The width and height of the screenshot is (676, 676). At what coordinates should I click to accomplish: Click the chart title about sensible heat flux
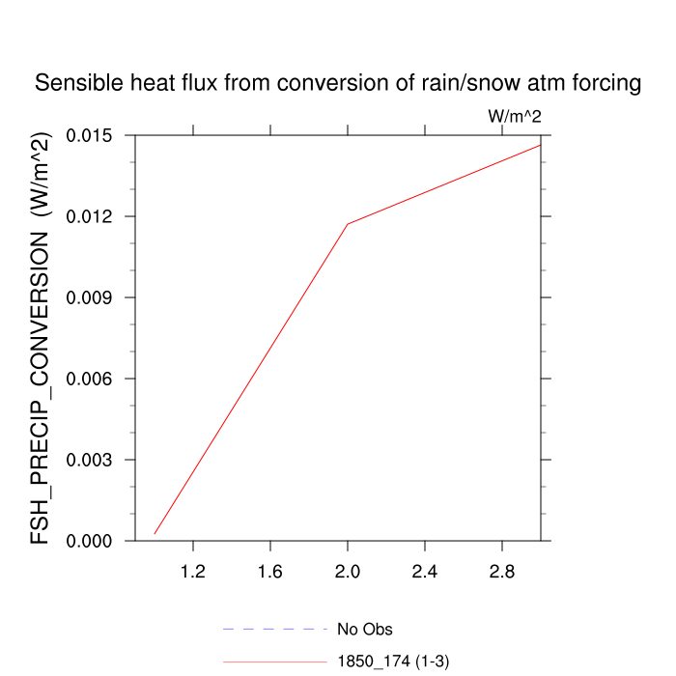point(338,84)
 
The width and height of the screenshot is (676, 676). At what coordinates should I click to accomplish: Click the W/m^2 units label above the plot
point(513,117)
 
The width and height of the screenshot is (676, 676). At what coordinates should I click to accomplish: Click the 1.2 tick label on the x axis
point(193,573)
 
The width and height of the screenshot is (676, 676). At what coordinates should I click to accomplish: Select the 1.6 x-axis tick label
point(270,573)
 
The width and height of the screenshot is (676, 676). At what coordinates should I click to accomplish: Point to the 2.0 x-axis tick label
point(348,573)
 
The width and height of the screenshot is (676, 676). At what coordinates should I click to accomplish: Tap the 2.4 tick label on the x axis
point(425,573)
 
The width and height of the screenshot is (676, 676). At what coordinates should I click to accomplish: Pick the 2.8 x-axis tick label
point(501,573)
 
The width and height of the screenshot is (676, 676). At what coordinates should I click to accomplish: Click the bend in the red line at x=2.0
point(348,224)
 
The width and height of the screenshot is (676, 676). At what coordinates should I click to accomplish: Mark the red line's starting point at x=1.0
point(155,534)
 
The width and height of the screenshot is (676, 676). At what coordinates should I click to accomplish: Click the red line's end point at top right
point(540,145)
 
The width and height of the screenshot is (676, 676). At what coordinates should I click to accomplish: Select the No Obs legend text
point(364,630)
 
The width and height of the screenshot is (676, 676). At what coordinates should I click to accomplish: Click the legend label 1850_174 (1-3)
point(393,662)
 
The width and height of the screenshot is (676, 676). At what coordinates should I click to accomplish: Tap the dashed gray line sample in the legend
point(275,629)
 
